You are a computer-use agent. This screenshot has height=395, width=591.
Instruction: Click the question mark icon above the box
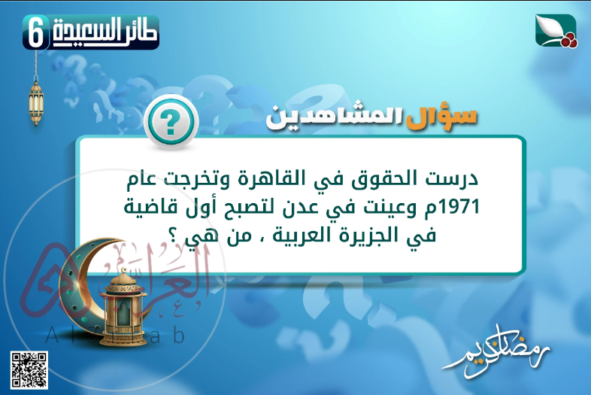click(170, 120)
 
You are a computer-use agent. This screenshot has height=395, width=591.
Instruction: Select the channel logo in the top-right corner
click(555, 31)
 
